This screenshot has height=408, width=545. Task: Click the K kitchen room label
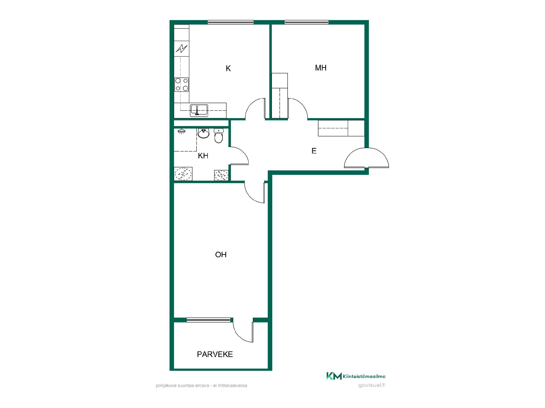coord(228,68)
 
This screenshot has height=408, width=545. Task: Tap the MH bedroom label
coord(321,68)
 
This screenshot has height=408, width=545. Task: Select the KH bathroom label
coord(203,156)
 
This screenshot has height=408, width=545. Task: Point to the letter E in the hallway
coord(314,151)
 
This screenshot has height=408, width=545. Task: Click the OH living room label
coord(221,255)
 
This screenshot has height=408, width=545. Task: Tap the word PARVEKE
coord(215,354)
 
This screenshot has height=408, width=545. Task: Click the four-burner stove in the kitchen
coord(182,84)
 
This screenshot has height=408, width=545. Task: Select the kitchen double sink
coord(199,110)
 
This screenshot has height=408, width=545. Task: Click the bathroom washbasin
coord(203,133)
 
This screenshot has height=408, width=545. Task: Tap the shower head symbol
coord(181,131)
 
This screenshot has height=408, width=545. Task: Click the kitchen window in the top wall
coord(230,22)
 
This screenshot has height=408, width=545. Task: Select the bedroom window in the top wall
coord(307,22)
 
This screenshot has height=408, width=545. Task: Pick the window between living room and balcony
coord(209,320)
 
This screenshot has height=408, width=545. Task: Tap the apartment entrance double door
coord(366,158)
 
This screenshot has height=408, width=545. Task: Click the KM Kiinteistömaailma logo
coord(356,376)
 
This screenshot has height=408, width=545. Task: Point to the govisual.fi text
coord(372,385)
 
